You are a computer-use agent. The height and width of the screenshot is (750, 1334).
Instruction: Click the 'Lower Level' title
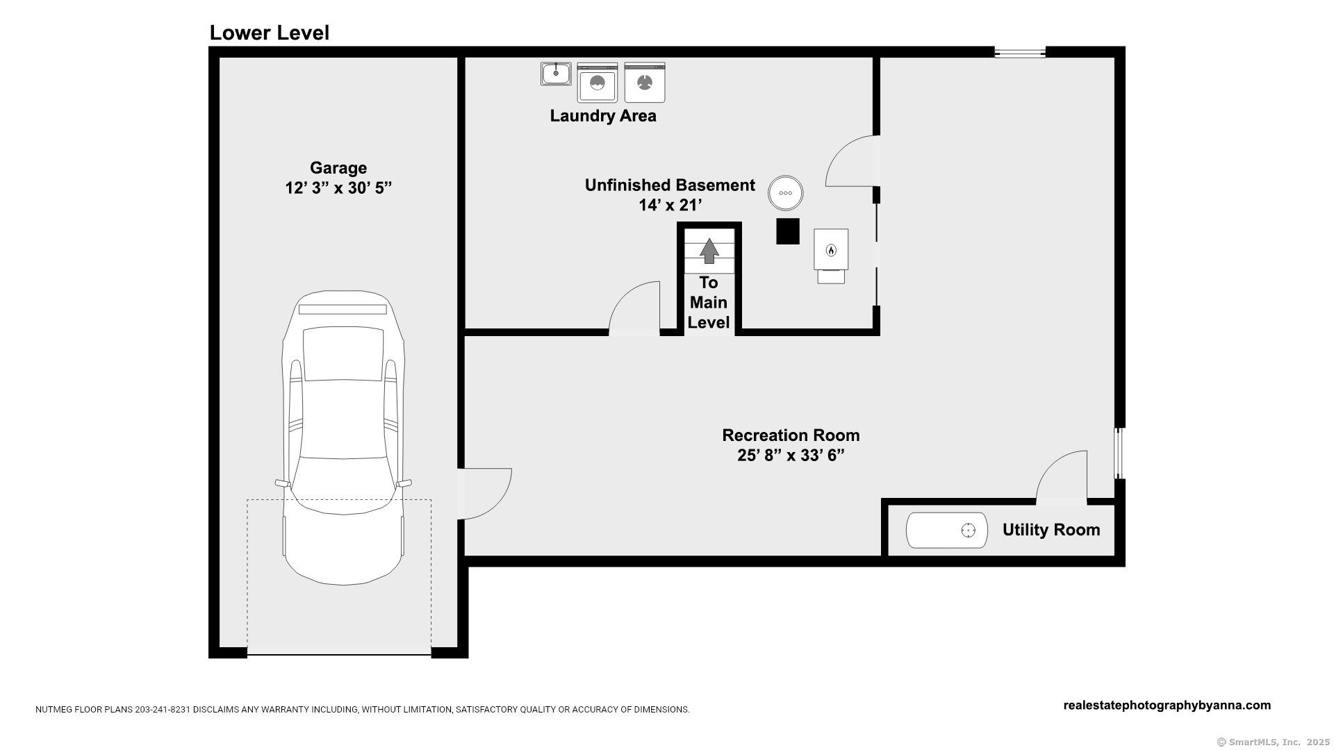[x=270, y=33]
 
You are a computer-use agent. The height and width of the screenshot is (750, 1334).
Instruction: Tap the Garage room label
[x=338, y=168]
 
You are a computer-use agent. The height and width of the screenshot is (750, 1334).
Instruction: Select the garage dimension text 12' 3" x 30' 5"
[x=338, y=188]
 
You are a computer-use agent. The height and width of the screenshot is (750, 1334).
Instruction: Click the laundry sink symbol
[x=556, y=74]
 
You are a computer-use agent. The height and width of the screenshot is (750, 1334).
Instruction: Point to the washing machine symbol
[x=598, y=83]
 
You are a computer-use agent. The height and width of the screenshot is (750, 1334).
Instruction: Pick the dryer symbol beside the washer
[x=645, y=83]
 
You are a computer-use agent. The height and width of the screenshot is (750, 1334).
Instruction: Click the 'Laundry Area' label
[x=603, y=116]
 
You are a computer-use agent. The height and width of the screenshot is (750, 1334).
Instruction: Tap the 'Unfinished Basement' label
[x=670, y=185]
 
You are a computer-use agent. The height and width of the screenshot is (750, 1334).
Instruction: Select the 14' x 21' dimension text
[x=670, y=206]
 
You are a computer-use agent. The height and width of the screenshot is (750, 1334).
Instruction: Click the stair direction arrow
[x=709, y=251]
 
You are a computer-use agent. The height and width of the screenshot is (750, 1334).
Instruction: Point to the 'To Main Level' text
[x=709, y=303]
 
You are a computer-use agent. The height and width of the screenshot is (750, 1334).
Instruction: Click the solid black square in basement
[x=788, y=231]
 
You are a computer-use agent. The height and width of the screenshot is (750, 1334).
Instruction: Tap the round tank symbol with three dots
[x=786, y=193]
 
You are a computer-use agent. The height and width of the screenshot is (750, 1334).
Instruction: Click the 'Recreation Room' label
[x=791, y=435]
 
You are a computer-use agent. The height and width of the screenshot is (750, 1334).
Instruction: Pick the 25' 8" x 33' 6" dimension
[x=791, y=456]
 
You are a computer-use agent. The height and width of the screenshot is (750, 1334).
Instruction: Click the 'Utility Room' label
[x=1051, y=531]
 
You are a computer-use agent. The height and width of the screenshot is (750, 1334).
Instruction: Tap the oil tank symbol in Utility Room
[x=947, y=531]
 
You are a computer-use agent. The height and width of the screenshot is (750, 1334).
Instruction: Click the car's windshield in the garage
[x=343, y=354]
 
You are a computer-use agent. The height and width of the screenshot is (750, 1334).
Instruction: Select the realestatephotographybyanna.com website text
[x=1167, y=706]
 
